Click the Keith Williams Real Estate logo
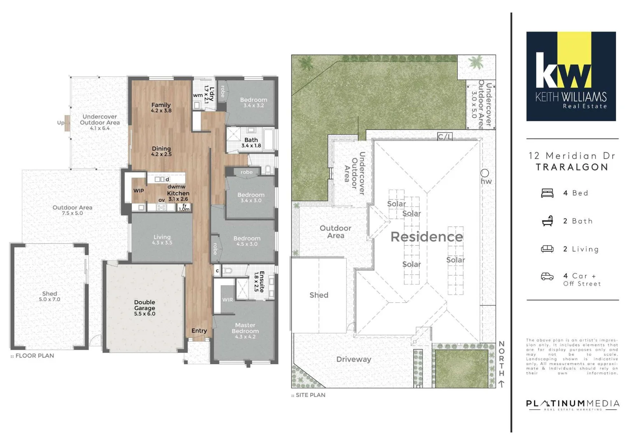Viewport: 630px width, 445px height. (571, 76)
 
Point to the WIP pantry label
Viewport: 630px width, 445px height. (138, 191)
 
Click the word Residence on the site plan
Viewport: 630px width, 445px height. (426, 237)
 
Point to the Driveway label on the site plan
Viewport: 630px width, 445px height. (354, 359)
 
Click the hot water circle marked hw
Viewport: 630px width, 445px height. (485, 173)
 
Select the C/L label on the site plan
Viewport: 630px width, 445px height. (445, 137)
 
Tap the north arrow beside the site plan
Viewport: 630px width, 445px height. (501, 384)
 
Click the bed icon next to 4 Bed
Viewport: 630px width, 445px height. (547, 193)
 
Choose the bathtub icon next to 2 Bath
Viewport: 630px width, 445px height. (547, 221)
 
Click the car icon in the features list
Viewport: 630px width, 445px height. (547, 276)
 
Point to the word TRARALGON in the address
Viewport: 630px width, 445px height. (572, 167)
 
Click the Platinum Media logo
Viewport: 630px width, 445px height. (572, 405)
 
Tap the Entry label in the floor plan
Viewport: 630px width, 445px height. (199, 331)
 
